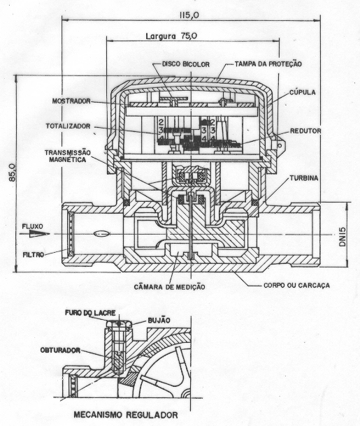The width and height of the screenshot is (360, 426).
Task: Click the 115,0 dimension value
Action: pos(189,15)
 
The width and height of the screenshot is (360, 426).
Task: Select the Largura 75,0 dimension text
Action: pos(171,36)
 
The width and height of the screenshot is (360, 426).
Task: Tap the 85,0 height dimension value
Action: pos(12,172)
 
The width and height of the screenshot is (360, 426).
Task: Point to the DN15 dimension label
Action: pos(342,237)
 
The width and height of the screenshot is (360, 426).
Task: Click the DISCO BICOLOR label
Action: pos(186,64)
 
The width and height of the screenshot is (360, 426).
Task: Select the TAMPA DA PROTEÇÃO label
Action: pos(268,64)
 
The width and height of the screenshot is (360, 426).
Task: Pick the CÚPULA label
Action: pos(303,92)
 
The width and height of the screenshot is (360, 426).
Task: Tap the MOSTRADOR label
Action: pos(71,101)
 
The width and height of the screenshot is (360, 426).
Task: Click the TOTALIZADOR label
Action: pos(68,126)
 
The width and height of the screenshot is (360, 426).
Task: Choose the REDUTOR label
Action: pos(305,131)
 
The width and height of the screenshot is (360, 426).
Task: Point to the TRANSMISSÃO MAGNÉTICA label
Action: pos(68,156)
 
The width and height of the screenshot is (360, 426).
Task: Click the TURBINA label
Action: pos(303,178)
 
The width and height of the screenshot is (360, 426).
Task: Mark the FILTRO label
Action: pos(33,255)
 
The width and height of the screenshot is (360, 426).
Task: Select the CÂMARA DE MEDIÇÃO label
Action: pos(169,287)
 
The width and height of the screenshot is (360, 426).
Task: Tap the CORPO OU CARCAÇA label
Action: pos(296,285)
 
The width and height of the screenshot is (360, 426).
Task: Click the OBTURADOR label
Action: pos(60,350)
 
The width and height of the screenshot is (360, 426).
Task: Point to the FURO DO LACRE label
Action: pos(90,313)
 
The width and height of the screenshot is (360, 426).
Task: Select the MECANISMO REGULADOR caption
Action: pos(126,415)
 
